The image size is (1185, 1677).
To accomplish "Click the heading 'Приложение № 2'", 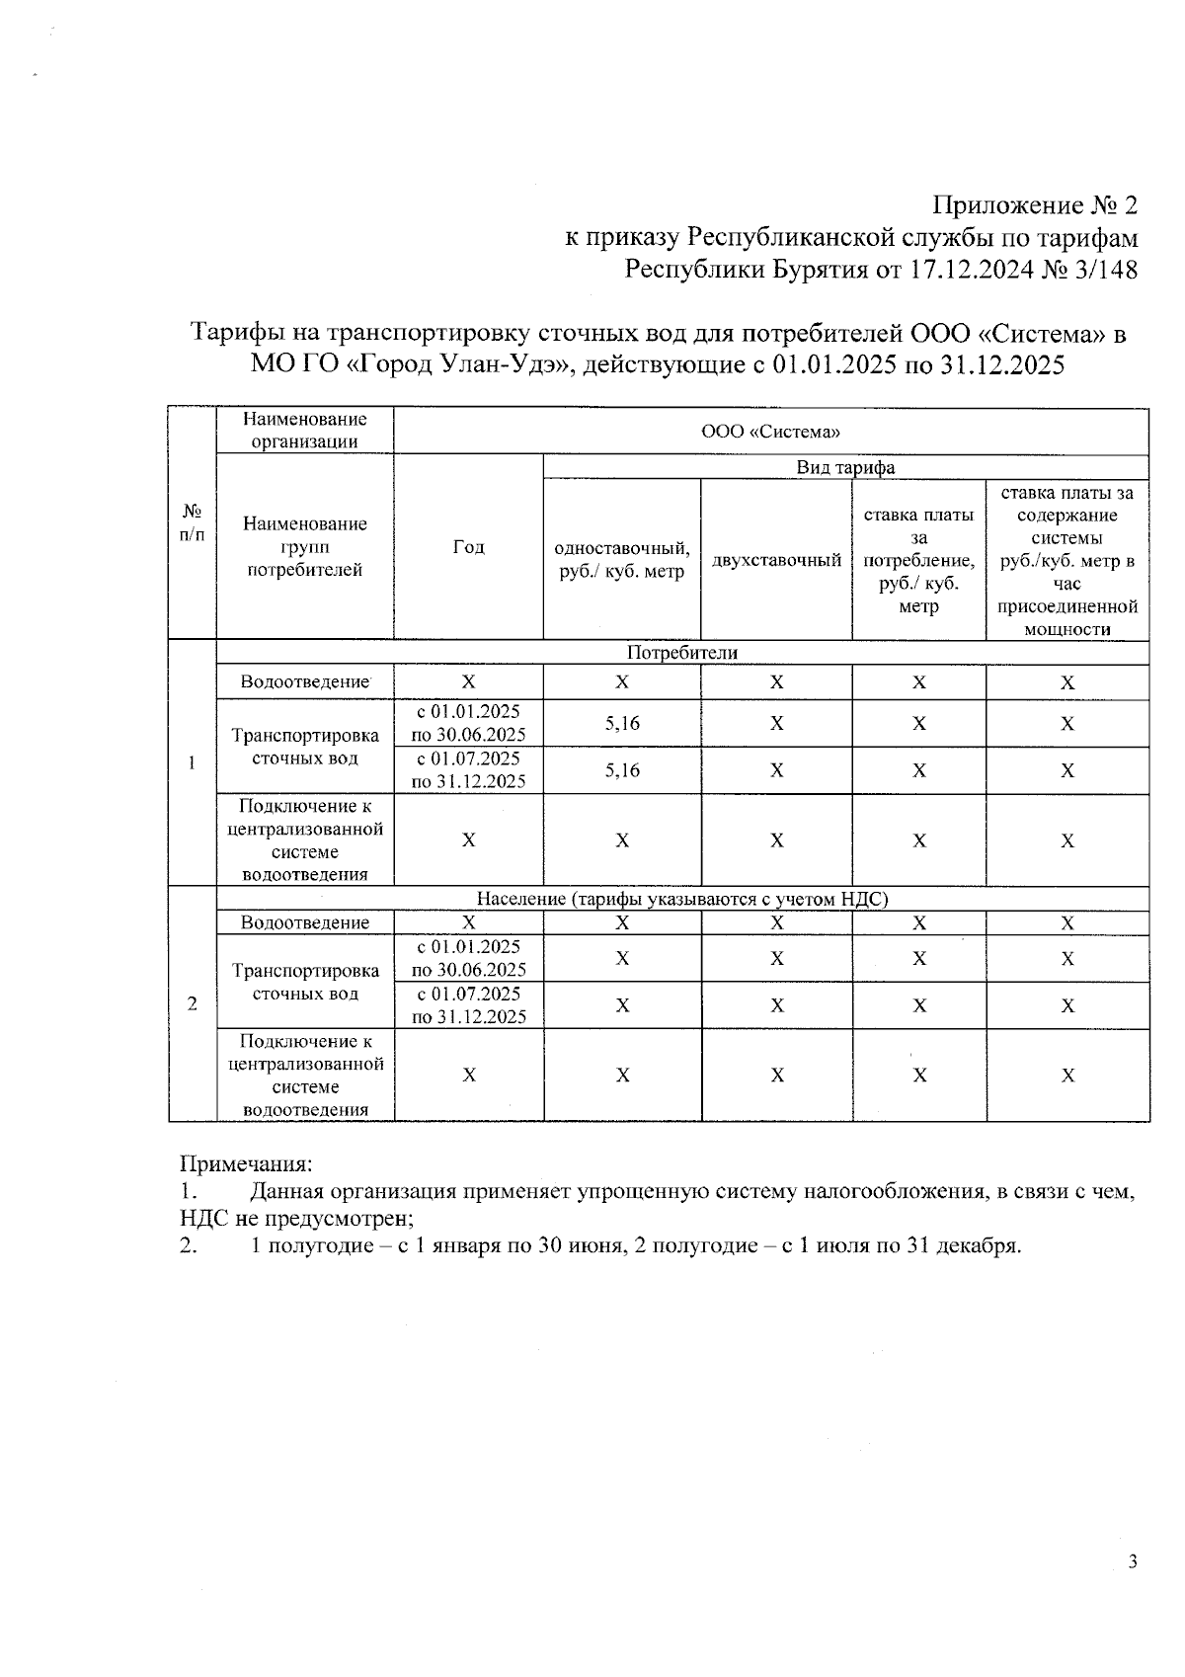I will [x=1035, y=205].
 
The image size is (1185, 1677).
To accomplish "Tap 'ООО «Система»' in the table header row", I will [x=770, y=432].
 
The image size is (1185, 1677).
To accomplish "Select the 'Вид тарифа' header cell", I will [x=845, y=467].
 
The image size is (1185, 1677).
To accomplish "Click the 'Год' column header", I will [x=468, y=547].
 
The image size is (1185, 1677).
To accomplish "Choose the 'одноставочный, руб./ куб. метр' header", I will [x=621, y=559].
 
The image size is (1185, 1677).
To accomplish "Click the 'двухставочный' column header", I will [x=776, y=560].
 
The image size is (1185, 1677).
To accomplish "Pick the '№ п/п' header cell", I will [x=193, y=523].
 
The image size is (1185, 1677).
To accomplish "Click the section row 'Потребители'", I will [x=681, y=653].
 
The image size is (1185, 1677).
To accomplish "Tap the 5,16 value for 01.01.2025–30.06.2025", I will [x=622, y=724].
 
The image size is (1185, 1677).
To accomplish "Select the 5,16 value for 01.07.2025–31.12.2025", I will [x=622, y=770].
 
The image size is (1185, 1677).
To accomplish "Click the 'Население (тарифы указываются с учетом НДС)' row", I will [x=681, y=899].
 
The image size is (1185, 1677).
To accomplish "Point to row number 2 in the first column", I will [x=193, y=1003].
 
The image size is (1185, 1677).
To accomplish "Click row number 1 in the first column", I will [x=193, y=762].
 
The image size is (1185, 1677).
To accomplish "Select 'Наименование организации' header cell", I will [x=304, y=432].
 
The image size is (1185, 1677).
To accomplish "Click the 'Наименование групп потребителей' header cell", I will [x=304, y=547].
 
